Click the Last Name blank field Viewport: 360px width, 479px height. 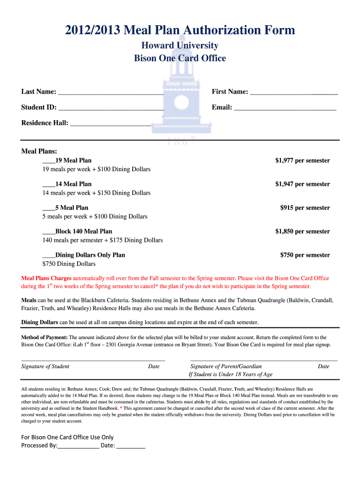click(x=111, y=93)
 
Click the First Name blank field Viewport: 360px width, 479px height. click(x=294, y=93)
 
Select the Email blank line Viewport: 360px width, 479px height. click(x=285, y=109)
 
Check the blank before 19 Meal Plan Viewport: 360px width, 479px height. click(x=49, y=161)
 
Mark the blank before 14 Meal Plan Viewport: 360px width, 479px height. click(x=49, y=184)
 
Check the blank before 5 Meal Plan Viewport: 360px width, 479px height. click(x=49, y=208)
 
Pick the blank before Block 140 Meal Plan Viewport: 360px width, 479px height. click(x=49, y=232)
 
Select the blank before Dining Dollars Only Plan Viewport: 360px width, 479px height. click(x=49, y=255)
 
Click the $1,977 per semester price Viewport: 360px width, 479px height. click(x=302, y=160)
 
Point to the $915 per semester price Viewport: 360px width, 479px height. click(x=305, y=208)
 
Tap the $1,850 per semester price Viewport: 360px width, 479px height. click(x=302, y=232)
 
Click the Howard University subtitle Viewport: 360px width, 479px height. click(x=180, y=45)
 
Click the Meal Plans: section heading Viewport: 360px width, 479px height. click(x=39, y=151)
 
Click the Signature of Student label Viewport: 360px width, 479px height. click(x=45, y=366)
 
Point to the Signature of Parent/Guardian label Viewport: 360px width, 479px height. click(x=226, y=366)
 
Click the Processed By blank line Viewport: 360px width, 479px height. click(x=78, y=446)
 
